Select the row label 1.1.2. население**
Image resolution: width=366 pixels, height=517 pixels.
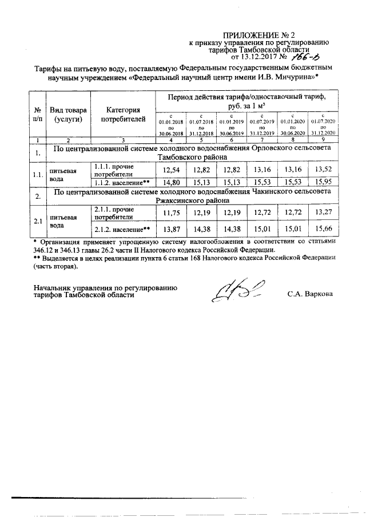pyautogui.click(x=122, y=182)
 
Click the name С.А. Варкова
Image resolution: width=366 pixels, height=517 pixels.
pyautogui.click(x=309, y=295)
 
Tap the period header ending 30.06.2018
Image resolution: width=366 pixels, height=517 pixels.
pyautogui.click(x=171, y=125)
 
